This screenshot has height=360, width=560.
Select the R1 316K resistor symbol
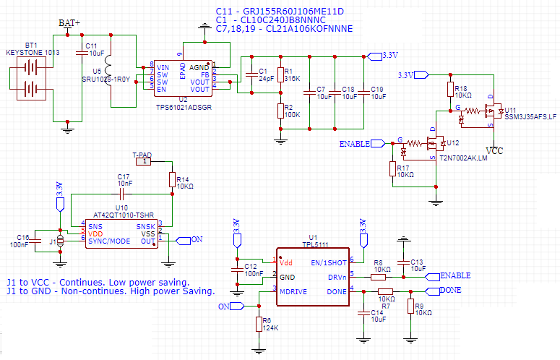click(280, 74)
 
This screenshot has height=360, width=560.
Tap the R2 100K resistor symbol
click(280, 111)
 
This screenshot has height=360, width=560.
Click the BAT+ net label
click(69, 22)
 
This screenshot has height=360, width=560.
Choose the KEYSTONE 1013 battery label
click(31, 53)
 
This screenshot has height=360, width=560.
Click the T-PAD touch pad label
click(142, 155)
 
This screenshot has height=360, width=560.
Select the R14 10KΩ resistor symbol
click(172, 180)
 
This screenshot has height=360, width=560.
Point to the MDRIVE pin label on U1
click(294, 290)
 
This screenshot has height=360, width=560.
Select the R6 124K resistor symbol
click(259, 324)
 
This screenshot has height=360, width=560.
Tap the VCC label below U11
click(495, 151)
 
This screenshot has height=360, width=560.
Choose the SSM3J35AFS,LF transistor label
click(530, 116)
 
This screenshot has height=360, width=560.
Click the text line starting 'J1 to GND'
click(110, 292)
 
